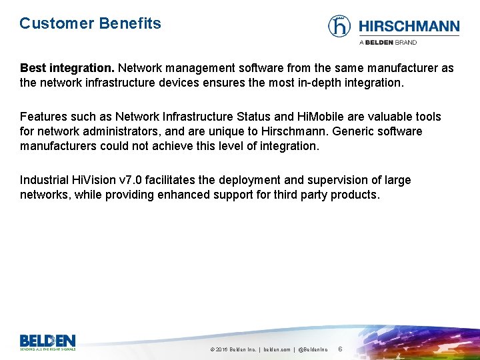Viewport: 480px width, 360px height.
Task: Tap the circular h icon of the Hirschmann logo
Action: point(339,26)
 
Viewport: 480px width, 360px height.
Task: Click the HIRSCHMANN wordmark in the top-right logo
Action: point(409,27)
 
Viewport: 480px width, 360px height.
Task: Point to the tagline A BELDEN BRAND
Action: point(388,42)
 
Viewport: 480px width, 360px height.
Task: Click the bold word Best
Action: point(33,68)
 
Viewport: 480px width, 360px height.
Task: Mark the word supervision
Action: point(344,180)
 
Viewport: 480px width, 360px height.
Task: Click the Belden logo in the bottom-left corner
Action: point(47,341)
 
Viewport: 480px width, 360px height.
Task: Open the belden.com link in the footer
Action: point(277,349)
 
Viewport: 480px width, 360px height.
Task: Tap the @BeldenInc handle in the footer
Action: point(313,349)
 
